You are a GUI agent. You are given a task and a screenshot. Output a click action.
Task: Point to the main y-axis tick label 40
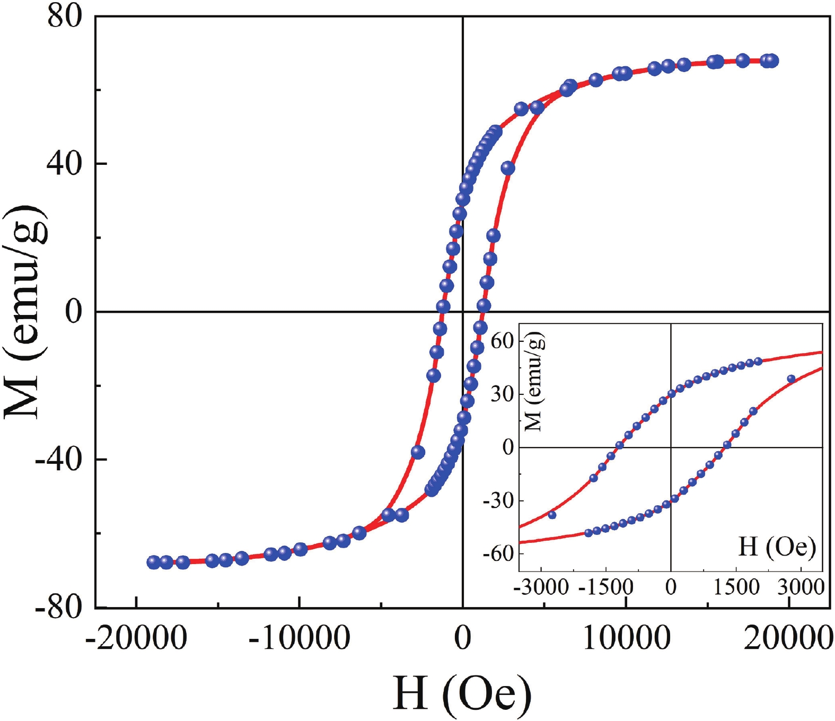(x=65, y=163)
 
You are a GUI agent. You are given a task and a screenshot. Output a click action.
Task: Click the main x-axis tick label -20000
(x=136, y=637)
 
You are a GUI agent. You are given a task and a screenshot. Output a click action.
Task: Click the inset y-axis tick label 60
(x=502, y=341)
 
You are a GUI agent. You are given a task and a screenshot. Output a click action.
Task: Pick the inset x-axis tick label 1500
(x=736, y=587)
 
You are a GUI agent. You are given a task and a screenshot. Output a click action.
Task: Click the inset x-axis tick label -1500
(x=607, y=587)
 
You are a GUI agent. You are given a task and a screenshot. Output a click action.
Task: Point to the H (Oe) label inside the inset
(x=777, y=546)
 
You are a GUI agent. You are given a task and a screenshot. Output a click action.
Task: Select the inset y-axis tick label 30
(x=502, y=394)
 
